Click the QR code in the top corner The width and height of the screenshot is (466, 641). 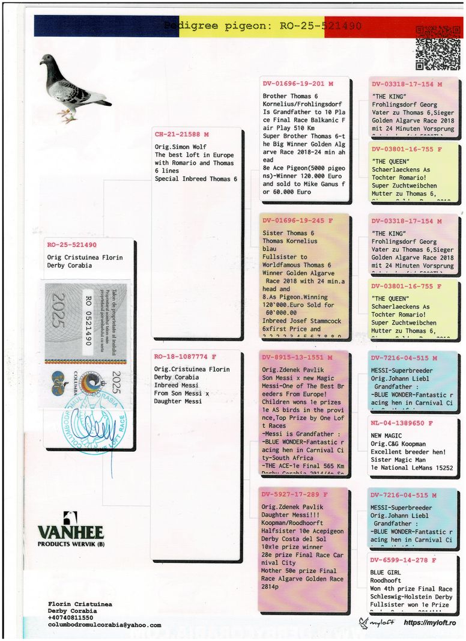pos(437,48)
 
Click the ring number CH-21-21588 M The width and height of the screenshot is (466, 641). pos(182,135)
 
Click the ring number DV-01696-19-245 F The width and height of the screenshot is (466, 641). pos(296,220)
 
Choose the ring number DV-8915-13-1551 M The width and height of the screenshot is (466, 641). pos(296,357)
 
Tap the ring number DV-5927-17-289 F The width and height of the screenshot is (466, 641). pos(294,494)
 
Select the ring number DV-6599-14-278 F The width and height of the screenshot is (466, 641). pos(402,560)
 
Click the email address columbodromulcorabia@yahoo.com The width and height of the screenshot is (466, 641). pos(104,625)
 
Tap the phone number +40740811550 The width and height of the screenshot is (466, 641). pos(71,618)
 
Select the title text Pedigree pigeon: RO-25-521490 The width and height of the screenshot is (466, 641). pos(262,26)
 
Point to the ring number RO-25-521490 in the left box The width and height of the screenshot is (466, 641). pos(71,245)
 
